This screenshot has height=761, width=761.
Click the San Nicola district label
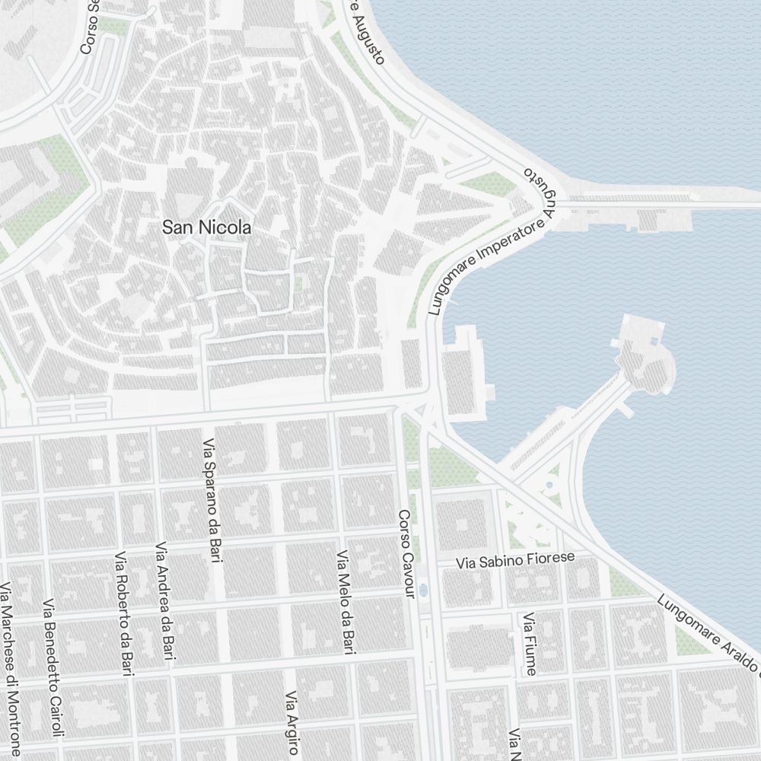tap(207, 227)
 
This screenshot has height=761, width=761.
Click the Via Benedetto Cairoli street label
tap(54, 670)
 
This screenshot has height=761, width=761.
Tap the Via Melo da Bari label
tap(346, 602)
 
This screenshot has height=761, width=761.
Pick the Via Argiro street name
tap(292, 722)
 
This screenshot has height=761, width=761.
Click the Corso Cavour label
tap(406, 555)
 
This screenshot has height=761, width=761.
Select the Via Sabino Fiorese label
tap(515, 562)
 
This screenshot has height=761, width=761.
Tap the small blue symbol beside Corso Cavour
tap(423, 589)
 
